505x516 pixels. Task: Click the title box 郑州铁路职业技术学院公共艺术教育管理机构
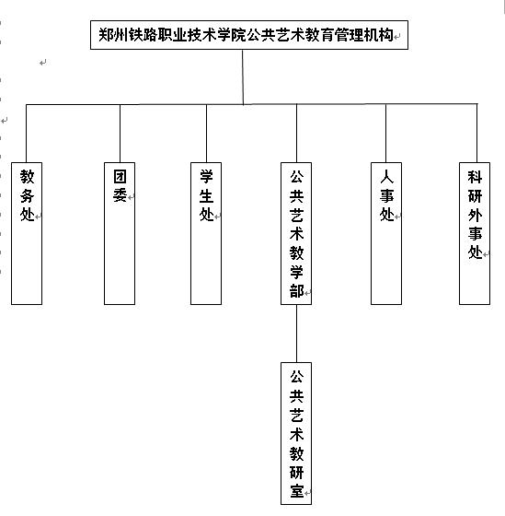pyautogui.click(x=249, y=35)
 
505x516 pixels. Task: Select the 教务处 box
pyautogui.click(x=27, y=233)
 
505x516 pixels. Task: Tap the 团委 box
pyautogui.click(x=120, y=233)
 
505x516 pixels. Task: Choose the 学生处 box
pyautogui.click(x=206, y=233)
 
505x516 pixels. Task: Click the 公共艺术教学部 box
pyautogui.click(x=296, y=233)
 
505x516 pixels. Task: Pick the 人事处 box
pyautogui.click(x=386, y=233)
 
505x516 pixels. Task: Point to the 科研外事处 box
pyautogui.click(x=475, y=233)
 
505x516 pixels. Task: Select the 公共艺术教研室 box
pyautogui.click(x=296, y=433)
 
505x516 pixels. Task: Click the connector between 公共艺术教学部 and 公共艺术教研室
pyautogui.click(x=297, y=334)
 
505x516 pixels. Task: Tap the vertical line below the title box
pyautogui.click(x=243, y=77)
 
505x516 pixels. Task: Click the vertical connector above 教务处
pyautogui.click(x=27, y=134)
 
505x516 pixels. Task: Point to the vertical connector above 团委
pyautogui.click(x=120, y=134)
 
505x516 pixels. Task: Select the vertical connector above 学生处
pyautogui.click(x=206, y=134)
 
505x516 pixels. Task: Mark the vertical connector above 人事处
pyautogui.click(x=385, y=133)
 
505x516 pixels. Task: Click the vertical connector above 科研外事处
pyautogui.click(x=477, y=133)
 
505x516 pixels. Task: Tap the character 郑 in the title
pyautogui.click(x=106, y=35)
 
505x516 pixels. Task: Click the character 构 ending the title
pyautogui.click(x=385, y=35)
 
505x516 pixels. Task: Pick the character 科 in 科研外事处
pyautogui.click(x=475, y=177)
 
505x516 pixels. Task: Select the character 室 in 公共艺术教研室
pyautogui.click(x=297, y=491)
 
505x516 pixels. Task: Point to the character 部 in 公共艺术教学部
pyautogui.click(x=297, y=290)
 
